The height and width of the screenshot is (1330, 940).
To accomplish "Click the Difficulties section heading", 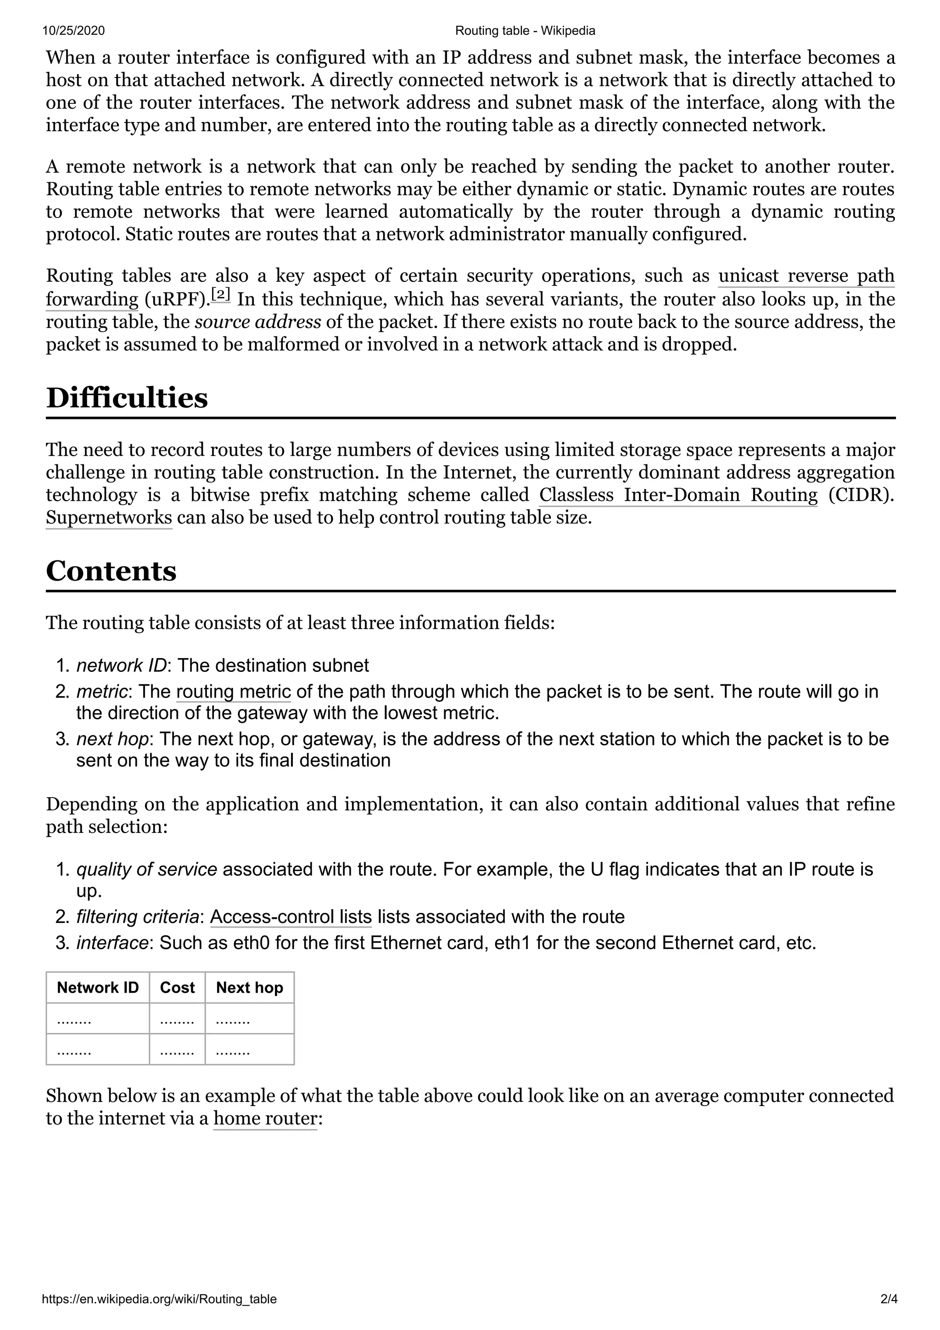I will [x=126, y=398].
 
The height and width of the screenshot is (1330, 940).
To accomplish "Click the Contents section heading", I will [x=111, y=571].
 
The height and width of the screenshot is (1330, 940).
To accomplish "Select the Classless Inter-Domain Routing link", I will [x=677, y=495].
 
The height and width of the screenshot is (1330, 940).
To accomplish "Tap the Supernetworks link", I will [x=109, y=518].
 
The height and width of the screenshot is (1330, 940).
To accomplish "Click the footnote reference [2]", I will [x=221, y=295].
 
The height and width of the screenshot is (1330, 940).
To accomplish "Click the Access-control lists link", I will [x=291, y=917].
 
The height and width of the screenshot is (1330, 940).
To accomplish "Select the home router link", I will [x=265, y=1118].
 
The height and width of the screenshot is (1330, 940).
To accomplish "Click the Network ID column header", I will [x=97, y=988].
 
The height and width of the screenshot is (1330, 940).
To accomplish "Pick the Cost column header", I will [x=177, y=988].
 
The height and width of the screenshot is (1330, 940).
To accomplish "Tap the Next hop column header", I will [x=249, y=988].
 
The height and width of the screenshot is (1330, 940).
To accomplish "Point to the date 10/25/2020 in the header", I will [x=73, y=31].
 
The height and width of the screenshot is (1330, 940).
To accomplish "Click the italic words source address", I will [x=258, y=322].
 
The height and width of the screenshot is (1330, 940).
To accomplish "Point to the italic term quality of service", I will [x=146, y=870].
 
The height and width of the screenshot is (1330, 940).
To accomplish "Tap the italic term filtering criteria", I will [x=137, y=917].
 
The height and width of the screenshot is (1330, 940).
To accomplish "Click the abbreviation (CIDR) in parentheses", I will [x=861, y=495].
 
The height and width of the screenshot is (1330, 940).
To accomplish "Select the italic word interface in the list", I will [x=112, y=943].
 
